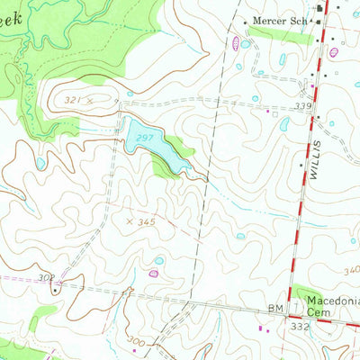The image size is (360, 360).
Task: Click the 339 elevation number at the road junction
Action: [x=303, y=107]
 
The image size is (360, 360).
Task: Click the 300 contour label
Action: [x=136, y=343]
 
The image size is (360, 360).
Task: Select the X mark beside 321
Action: [x=91, y=100]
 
